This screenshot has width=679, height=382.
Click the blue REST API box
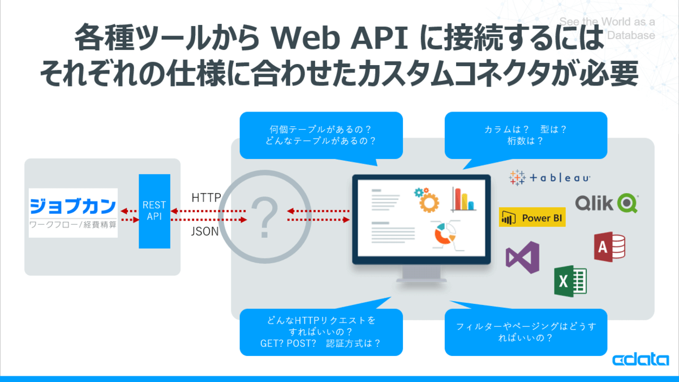[x=154, y=211]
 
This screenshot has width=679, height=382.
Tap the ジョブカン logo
[x=73, y=212]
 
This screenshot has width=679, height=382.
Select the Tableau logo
[x=549, y=178]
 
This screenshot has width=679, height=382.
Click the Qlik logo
[x=606, y=203]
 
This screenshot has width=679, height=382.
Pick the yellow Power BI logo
[x=532, y=218]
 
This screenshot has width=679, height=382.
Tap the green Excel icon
[x=569, y=280]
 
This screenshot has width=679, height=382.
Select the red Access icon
[x=609, y=246]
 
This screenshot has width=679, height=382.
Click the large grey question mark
[x=263, y=216]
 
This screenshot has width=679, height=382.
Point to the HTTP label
[x=206, y=198]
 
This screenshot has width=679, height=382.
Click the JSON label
[x=205, y=231]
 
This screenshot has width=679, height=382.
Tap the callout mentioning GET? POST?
[x=321, y=332]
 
